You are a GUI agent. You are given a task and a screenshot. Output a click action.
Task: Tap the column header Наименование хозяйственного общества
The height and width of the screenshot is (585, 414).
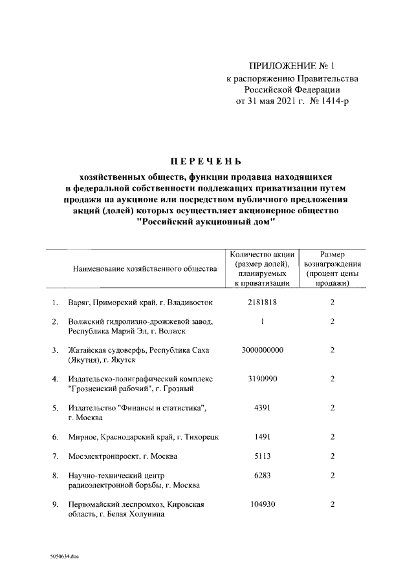(x=144, y=268)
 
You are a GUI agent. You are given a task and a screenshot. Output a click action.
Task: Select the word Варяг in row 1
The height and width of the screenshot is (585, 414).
(x=80, y=303)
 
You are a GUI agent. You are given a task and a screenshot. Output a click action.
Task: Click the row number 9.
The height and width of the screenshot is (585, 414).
(x=55, y=505)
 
